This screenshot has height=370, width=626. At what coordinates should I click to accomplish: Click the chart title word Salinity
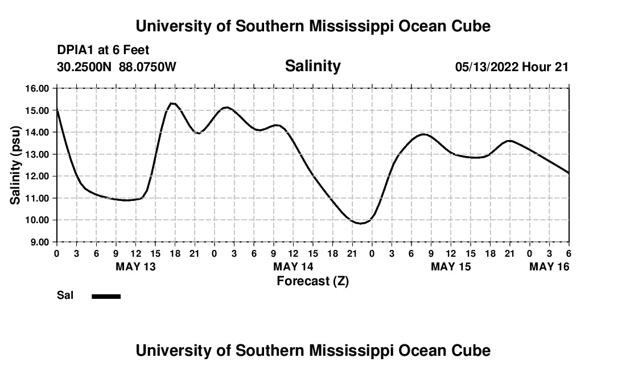(312, 66)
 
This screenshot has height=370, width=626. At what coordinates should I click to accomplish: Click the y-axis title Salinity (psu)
(15, 165)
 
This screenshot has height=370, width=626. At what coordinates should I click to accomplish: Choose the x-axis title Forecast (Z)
(312, 281)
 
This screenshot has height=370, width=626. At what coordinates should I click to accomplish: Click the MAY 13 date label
(135, 266)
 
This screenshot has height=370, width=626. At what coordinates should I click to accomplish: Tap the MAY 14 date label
(293, 266)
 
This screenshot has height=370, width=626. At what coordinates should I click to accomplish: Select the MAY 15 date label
(451, 266)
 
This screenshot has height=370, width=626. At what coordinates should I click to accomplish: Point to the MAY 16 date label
(549, 266)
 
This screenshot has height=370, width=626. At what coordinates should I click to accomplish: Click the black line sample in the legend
(106, 296)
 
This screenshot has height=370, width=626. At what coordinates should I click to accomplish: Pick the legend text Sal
(64, 295)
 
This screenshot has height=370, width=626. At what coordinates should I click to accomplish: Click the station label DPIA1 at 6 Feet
(103, 51)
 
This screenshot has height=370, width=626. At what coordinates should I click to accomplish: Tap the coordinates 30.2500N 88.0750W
(117, 67)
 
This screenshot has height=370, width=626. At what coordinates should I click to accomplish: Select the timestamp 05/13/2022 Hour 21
(512, 67)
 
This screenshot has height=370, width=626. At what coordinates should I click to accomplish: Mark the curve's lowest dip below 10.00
(360, 223)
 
